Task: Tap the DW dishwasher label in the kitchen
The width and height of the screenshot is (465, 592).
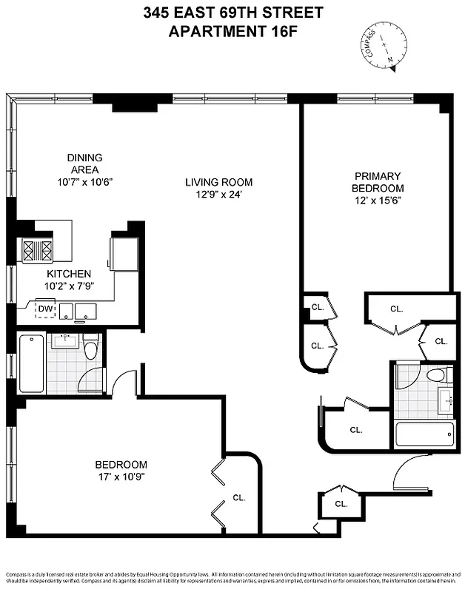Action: [46, 309]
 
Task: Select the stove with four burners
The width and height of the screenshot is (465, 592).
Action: [37, 252]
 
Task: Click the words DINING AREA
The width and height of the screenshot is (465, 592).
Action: [84, 163]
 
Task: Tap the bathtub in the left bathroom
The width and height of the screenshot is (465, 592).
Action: [32, 363]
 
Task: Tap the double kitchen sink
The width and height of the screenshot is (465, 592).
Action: [76, 311]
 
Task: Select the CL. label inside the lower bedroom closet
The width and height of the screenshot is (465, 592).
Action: [239, 497]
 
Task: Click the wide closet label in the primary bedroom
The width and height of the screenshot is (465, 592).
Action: [396, 309]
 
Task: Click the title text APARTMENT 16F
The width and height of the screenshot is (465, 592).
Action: [232, 31]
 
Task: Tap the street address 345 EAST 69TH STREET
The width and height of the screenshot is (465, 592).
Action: [232, 13]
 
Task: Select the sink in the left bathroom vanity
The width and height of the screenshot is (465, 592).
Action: [64, 341]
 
